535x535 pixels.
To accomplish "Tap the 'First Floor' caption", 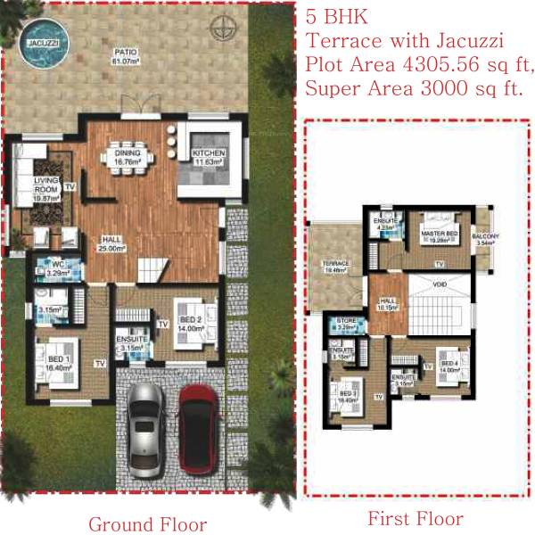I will [415, 519].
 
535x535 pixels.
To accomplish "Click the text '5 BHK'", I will [333, 16].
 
